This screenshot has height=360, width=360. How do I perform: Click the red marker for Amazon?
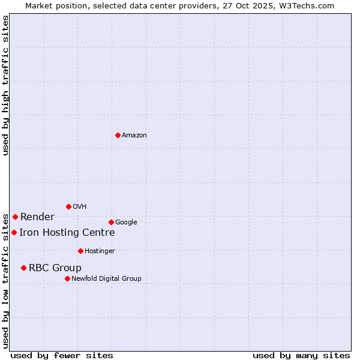[118, 135]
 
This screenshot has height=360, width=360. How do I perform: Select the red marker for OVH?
[68, 206]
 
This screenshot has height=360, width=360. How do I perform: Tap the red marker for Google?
[111, 222]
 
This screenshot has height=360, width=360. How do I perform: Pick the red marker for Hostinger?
[80, 251]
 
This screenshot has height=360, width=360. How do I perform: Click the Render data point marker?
[15, 217]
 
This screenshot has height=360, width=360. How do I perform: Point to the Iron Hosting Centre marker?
[14, 232]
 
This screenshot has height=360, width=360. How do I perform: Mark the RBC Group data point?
[23, 268]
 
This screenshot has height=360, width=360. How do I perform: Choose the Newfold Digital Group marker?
[67, 278]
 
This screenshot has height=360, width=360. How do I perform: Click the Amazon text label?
[134, 136]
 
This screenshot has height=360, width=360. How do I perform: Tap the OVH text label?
[80, 207]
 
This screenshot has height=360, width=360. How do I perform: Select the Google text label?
[126, 223]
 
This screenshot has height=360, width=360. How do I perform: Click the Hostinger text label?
[100, 251]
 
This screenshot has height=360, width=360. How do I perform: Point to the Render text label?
[37, 217]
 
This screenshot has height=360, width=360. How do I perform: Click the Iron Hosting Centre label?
[67, 233]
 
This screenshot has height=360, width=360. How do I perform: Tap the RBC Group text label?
[55, 268]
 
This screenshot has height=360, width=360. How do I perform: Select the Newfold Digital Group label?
[106, 279]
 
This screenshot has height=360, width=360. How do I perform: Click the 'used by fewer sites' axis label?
[62, 355]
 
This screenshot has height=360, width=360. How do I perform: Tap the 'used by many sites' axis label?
[301, 355]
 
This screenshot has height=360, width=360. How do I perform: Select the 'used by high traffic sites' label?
[6, 85]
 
